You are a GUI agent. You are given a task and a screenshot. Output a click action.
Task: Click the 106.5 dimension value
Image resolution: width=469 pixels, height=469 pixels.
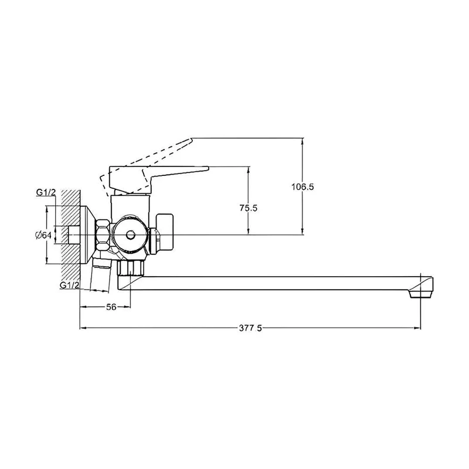(x=303, y=187)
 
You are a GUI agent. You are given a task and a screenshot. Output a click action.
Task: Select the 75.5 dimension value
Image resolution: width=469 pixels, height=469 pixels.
(x=248, y=208)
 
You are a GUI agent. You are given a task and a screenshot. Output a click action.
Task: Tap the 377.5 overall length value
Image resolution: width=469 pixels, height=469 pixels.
(x=251, y=328)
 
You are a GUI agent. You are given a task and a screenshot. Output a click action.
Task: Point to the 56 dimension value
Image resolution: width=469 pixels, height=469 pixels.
(x=111, y=307)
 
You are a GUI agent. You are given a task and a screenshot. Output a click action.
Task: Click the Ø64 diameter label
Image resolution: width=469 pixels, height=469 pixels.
(x=43, y=235)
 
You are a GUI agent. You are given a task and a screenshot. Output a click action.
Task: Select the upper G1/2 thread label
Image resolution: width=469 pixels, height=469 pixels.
(x=46, y=192)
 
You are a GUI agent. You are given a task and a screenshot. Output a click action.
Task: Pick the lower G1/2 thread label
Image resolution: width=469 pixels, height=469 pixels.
(x=69, y=285)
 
